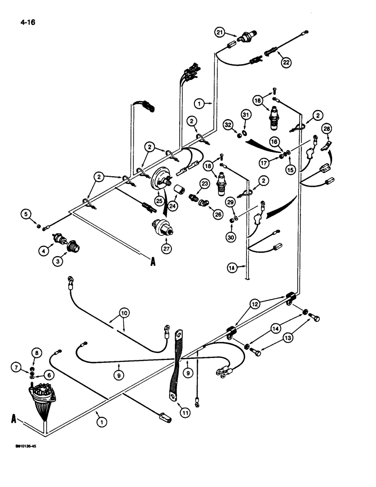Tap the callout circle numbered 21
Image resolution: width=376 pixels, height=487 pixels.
point(220,33)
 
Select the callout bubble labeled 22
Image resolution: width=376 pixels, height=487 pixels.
point(286,62)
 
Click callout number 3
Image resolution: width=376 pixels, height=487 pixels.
point(58,261)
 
